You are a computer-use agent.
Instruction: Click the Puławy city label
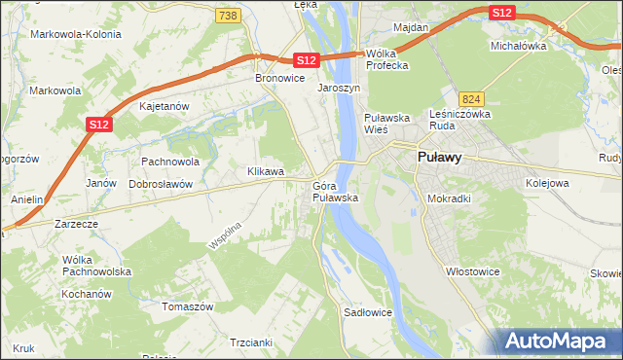(x=438, y=156)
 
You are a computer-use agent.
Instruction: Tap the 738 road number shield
(x=227, y=16)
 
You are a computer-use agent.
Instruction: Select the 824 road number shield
(x=472, y=99)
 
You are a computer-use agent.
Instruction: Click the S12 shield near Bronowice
(x=307, y=60)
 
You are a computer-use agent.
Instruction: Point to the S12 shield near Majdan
(x=501, y=13)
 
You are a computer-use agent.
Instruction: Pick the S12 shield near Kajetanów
(x=97, y=125)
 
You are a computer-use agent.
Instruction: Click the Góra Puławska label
(x=336, y=192)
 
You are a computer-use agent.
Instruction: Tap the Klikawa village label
(x=265, y=171)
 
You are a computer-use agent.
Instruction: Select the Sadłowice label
(x=368, y=313)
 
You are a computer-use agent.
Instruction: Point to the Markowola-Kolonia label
(x=72, y=34)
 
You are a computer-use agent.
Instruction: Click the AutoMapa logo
(x=557, y=341)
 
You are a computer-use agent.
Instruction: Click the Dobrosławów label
(x=161, y=183)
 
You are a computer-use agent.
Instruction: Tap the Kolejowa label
(x=546, y=182)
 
